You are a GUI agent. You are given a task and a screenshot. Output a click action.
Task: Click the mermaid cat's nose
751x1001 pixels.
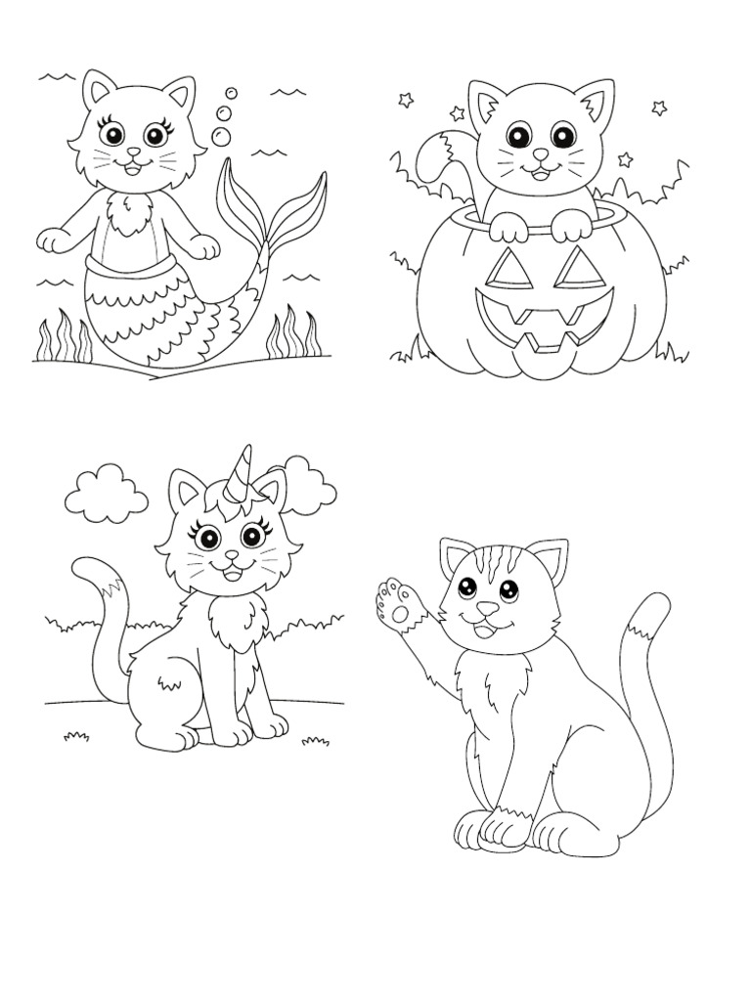pos(134,153)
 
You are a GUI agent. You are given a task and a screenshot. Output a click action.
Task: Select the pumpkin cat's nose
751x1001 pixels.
pos(540,154)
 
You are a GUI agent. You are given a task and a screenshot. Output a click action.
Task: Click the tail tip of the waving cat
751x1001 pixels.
pos(647,614)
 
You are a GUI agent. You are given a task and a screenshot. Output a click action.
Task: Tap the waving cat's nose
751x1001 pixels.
pos(486,609)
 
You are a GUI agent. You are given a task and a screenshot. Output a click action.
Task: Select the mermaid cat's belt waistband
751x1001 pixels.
pos(128,264)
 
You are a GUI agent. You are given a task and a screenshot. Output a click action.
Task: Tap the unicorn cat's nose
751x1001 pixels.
pos(232,555)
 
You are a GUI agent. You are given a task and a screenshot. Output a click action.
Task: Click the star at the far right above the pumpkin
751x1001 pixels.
pos(659,109)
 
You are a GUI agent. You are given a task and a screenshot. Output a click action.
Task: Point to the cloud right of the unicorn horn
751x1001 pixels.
pos(311,485)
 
